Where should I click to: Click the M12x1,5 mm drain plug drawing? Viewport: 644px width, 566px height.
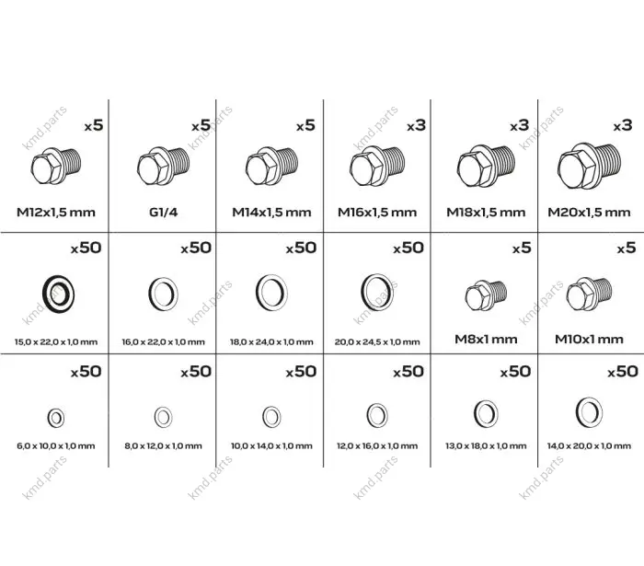56,166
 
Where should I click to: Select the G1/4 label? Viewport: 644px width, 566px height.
163,213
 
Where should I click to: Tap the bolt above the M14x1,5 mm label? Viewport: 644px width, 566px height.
271,166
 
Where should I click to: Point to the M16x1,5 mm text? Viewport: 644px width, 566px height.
377,213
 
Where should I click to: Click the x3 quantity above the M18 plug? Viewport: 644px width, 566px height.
519,125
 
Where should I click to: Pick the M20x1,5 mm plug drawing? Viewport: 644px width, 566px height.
589,165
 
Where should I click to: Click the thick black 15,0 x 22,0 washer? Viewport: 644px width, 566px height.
58,294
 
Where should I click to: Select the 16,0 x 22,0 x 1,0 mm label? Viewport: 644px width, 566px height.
163,341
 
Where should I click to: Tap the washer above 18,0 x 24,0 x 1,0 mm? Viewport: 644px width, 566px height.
271,293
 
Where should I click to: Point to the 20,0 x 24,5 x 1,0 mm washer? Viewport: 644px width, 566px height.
377,292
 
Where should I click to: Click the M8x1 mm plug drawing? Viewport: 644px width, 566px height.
486,295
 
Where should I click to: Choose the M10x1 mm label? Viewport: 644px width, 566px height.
589,340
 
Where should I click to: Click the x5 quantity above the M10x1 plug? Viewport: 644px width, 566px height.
627,248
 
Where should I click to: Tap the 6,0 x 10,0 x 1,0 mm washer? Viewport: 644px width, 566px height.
56,418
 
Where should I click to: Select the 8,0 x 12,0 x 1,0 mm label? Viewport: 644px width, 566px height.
163,445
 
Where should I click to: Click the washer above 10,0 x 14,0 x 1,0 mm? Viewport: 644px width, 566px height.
271,417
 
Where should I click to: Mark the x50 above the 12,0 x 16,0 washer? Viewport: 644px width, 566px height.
408,372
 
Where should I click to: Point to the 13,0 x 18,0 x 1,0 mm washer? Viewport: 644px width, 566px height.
486,413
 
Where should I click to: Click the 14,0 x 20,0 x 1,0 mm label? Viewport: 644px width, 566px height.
589,445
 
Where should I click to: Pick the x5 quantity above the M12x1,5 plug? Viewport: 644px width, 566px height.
94,125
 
